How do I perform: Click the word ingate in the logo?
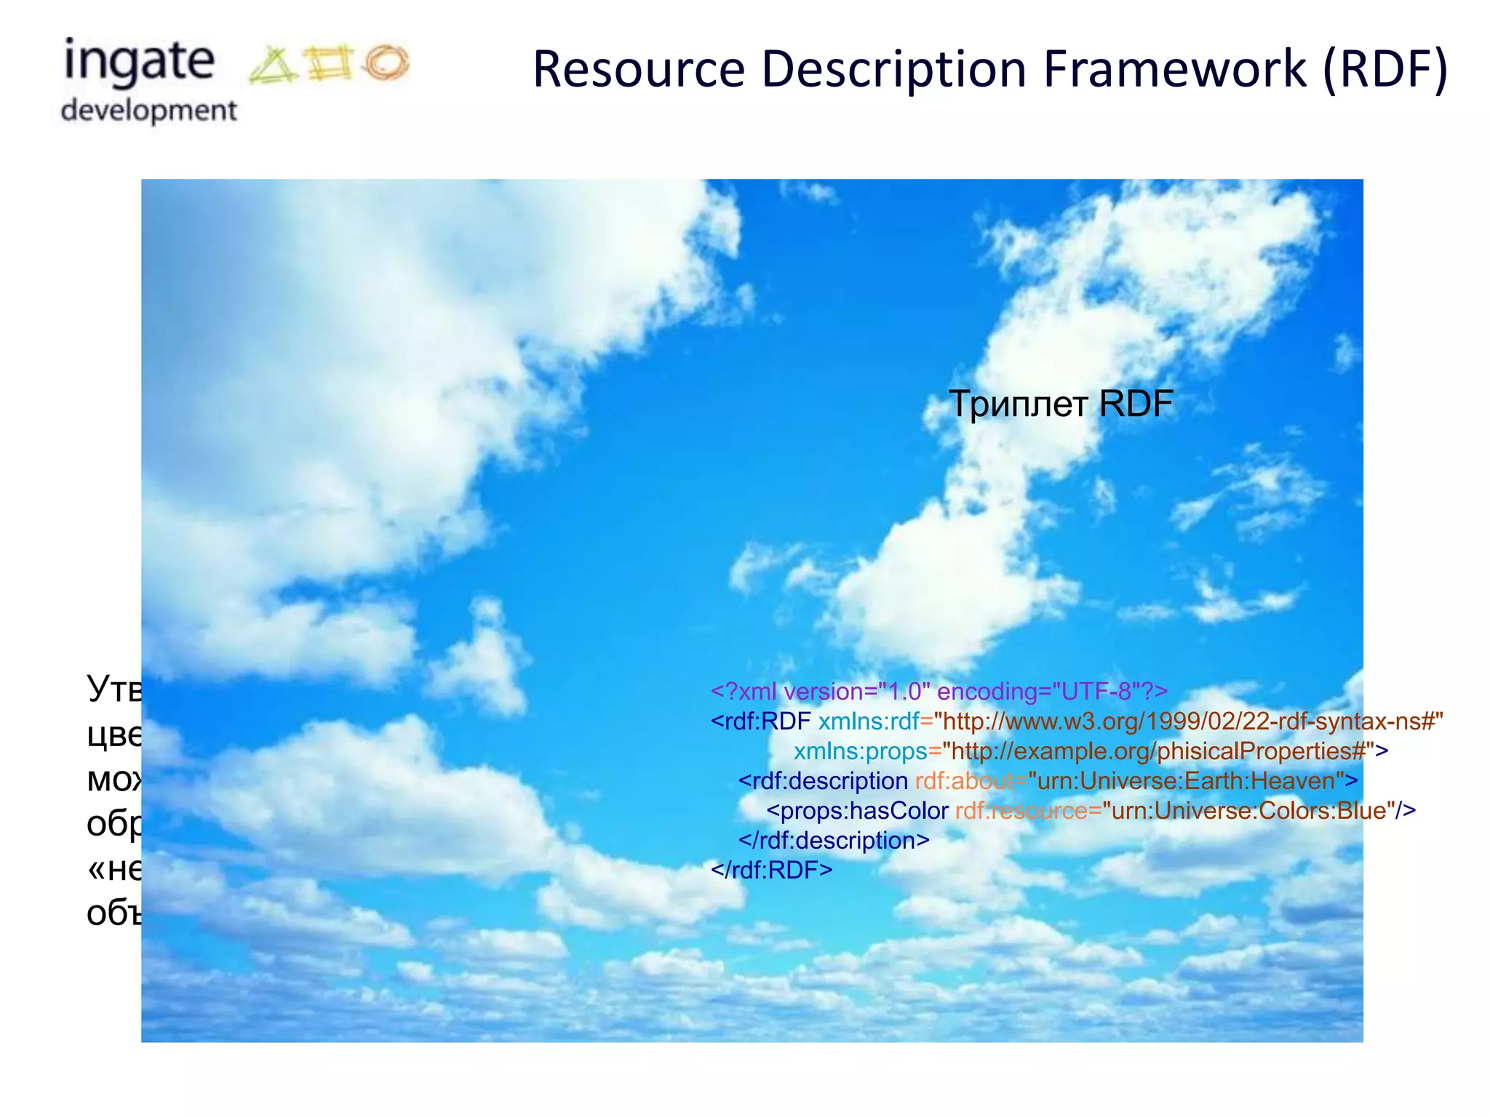139,62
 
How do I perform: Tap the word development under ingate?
148,111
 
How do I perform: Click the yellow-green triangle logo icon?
272,65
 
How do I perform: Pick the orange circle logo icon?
387,62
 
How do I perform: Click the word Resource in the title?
639,69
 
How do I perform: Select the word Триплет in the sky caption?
1018,404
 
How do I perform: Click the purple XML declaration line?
939,691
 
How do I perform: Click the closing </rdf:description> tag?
834,840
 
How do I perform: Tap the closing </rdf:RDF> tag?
771,870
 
